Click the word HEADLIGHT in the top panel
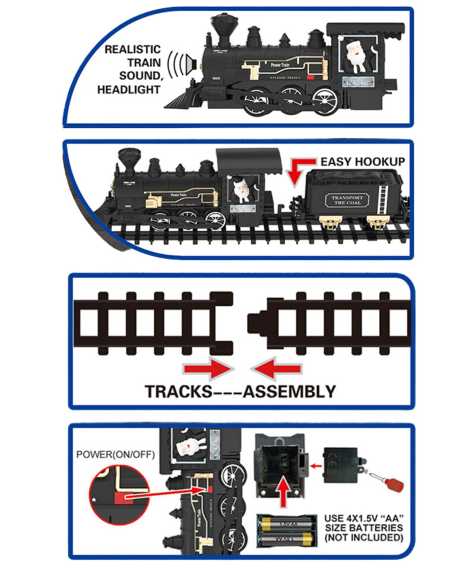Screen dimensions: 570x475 (129, 90)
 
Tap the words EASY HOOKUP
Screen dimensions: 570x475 (363, 161)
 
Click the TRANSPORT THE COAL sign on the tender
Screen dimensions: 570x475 (346, 199)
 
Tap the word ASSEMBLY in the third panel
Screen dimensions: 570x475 (290, 392)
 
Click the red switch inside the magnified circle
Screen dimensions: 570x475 (125, 496)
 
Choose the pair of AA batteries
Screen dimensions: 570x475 (286, 531)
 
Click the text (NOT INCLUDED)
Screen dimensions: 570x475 (363, 538)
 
